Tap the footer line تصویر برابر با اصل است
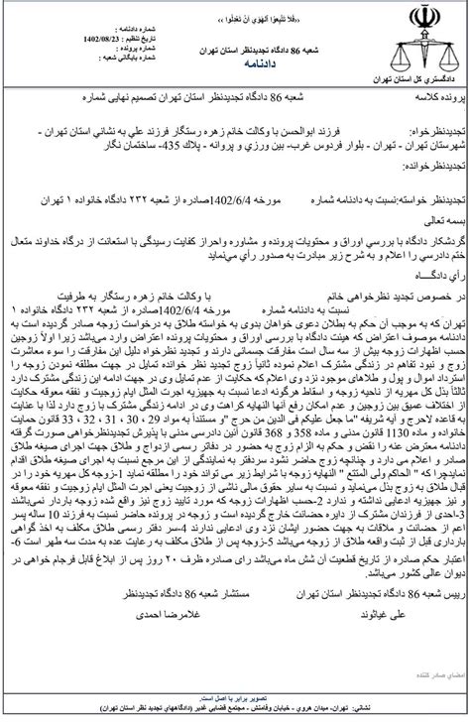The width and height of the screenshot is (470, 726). click(234, 696)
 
